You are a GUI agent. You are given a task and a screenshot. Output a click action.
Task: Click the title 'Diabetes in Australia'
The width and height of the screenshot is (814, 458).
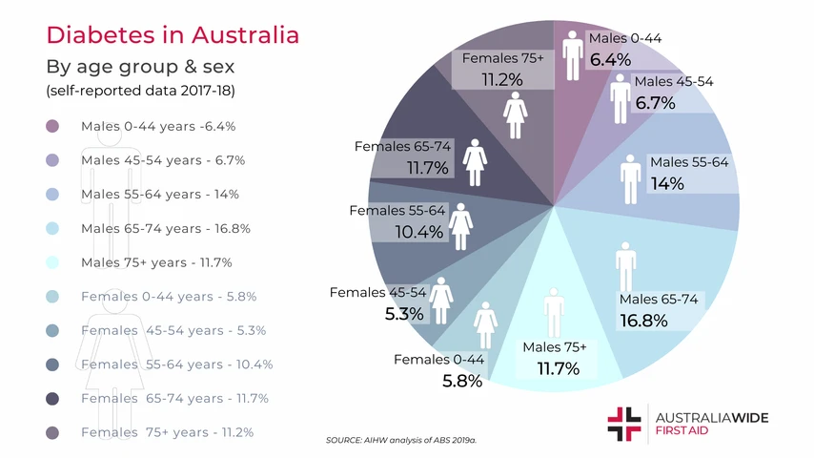click(x=173, y=35)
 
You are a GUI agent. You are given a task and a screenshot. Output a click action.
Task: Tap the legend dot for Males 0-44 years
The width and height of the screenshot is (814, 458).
click(x=52, y=126)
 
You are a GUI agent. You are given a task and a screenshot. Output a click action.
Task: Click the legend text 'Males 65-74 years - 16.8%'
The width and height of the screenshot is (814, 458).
click(x=165, y=228)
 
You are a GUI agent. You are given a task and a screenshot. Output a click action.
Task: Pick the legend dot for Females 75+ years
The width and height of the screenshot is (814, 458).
click(x=52, y=432)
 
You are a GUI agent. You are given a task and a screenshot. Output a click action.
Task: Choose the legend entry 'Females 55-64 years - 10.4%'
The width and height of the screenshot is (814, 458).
click(x=176, y=364)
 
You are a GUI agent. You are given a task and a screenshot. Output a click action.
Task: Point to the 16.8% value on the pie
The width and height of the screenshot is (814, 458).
click(x=643, y=321)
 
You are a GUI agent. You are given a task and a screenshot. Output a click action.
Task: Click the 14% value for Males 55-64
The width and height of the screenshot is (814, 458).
click(x=667, y=184)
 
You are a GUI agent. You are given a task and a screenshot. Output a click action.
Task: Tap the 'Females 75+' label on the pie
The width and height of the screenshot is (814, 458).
click(x=502, y=59)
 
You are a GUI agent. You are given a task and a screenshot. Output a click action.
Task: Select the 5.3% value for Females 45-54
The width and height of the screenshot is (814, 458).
click(x=404, y=313)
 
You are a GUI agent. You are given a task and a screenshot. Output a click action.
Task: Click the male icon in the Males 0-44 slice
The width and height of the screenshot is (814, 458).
click(x=572, y=56)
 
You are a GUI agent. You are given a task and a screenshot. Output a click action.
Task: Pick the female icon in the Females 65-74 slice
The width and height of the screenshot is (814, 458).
click(x=475, y=163)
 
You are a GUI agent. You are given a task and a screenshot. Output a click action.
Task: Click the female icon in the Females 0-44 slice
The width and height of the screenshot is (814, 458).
click(x=485, y=326)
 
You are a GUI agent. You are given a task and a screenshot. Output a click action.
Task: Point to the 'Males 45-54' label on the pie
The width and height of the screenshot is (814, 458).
click(x=673, y=81)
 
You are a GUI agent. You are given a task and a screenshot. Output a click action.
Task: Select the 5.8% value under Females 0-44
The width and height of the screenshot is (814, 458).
click(x=463, y=380)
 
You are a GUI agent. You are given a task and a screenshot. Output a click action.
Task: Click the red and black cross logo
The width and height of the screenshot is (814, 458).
click(x=624, y=423)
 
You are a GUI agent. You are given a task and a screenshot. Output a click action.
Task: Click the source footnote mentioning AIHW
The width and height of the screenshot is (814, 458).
click(x=400, y=441)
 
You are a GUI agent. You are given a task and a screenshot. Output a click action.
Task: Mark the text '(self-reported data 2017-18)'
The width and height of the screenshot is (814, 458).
click(x=140, y=92)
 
